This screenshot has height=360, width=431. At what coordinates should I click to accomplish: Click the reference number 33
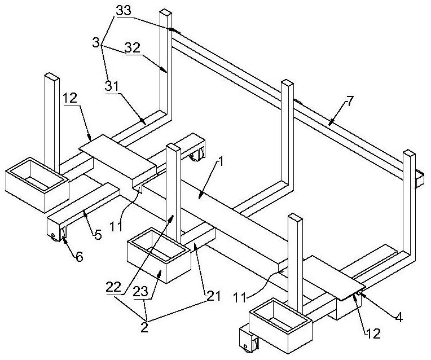click(124, 11)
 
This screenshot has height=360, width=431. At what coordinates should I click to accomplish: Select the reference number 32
click(133, 47)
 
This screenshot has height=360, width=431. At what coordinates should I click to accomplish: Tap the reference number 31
click(112, 86)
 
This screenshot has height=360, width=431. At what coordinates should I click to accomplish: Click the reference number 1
click(220, 163)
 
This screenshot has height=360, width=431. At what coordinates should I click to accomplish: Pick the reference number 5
click(98, 234)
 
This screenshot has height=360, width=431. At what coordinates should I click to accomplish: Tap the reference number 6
click(80, 257)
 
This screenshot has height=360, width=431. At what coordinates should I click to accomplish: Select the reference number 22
click(113, 288)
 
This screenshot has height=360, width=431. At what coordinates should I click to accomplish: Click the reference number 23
click(140, 292)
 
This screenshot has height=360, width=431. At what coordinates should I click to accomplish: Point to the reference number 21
click(214, 296)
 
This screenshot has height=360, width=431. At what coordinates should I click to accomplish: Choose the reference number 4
click(399, 318)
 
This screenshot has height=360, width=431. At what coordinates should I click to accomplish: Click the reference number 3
click(96, 43)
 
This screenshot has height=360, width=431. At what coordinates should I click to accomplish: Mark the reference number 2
click(144, 327)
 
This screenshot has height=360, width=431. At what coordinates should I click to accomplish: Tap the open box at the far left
click(37, 185)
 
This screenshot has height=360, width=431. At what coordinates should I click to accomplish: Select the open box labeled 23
click(159, 255)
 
